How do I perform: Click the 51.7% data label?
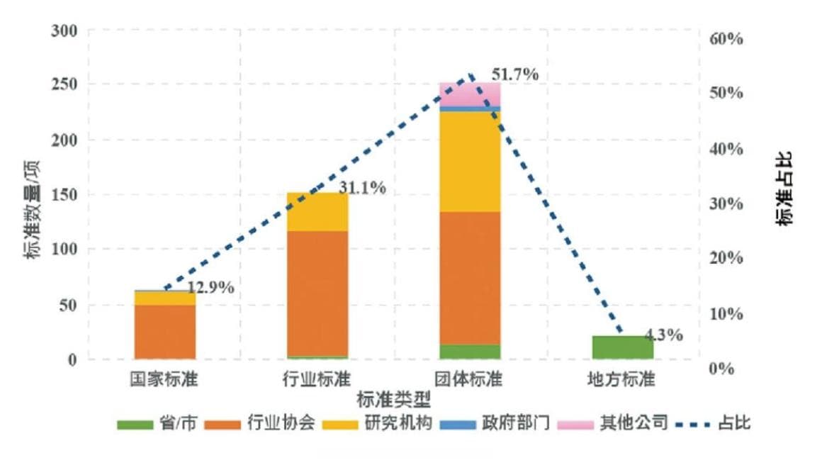[x=514, y=74]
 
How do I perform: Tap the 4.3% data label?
[x=664, y=335]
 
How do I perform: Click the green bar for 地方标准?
[x=622, y=347]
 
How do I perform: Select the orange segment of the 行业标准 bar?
[x=317, y=293]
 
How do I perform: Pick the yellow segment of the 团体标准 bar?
[x=470, y=162]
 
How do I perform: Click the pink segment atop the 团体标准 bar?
[x=470, y=94]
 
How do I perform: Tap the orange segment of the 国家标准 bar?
[x=165, y=331]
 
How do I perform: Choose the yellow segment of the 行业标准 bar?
[x=317, y=211]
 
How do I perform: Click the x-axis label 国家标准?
[x=164, y=379]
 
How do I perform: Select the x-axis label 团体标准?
[x=469, y=379]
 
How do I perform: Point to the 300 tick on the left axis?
[x=64, y=31]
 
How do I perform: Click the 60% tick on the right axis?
[x=726, y=38]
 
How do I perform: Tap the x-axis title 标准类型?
[x=393, y=399]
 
